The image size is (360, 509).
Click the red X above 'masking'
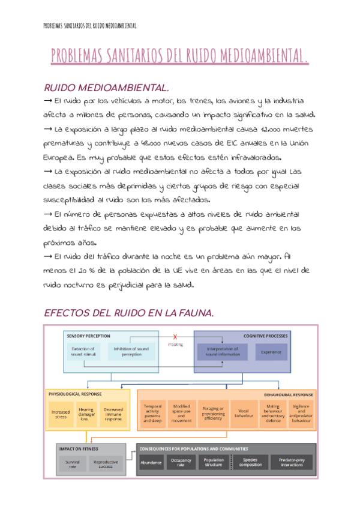[175, 337]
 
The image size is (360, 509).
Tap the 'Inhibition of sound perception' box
[131, 352]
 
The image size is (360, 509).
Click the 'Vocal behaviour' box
[243, 413]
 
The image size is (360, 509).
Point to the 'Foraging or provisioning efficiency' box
[212, 413]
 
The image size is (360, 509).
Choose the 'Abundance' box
[151, 463]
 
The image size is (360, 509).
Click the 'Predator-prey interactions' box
[290, 463]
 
